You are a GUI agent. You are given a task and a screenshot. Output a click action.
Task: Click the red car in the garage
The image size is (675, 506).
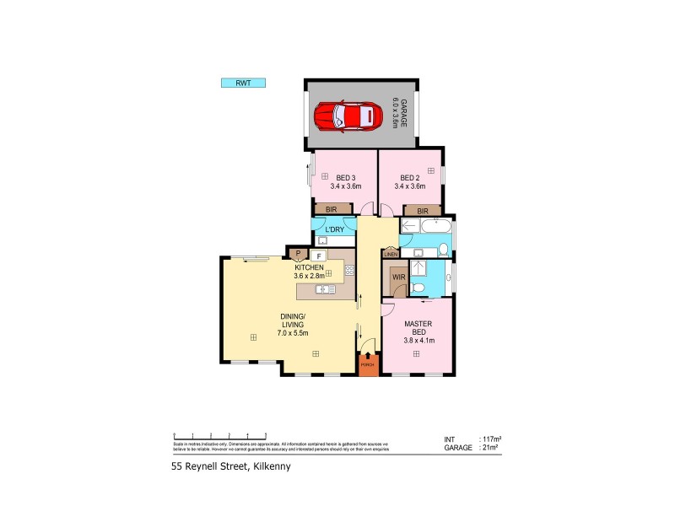coord(346,115)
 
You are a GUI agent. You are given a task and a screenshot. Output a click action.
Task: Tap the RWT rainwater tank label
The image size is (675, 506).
coord(243,83)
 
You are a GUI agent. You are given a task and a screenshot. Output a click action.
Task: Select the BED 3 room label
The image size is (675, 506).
coord(345,178)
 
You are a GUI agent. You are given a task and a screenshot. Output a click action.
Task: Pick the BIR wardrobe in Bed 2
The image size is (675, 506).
coord(422,210)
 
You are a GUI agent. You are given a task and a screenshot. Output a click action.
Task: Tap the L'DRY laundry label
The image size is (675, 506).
coord(334,229)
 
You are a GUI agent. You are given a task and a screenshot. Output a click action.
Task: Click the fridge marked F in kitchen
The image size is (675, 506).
coord(319,255)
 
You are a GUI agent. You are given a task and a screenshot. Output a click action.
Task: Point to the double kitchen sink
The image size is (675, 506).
coord(325,290)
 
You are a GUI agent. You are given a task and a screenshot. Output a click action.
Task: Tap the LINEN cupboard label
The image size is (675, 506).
coord(390,254)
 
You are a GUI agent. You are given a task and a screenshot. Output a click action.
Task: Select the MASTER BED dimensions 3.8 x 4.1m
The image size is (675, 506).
coord(418,341)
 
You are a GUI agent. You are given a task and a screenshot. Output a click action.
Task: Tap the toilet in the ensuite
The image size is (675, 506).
coord(418,289)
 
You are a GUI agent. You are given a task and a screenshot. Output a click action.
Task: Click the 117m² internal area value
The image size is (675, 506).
coord(491,439)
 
